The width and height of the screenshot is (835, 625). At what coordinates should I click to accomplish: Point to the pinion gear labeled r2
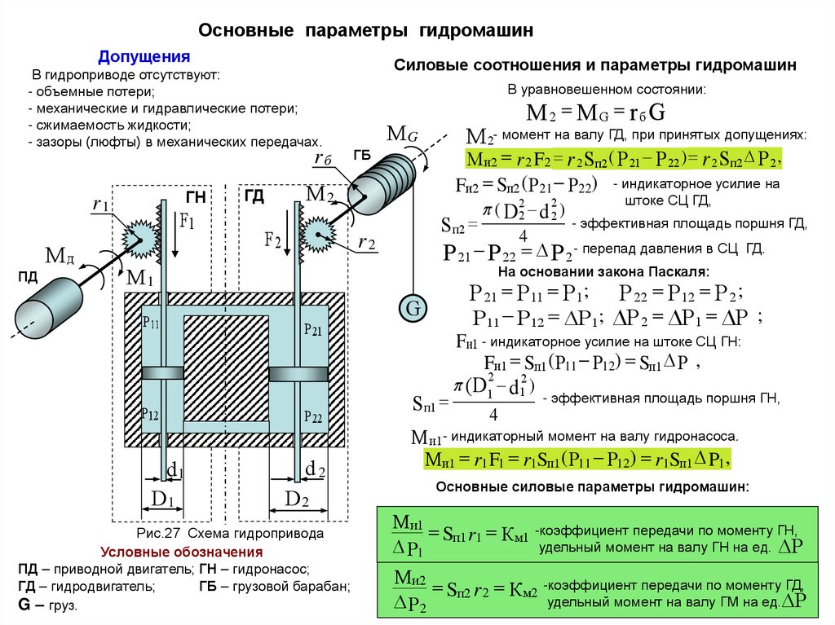[318, 236]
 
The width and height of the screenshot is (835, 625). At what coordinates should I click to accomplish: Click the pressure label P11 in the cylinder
[151, 324]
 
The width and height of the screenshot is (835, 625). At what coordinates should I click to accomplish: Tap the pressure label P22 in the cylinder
[313, 416]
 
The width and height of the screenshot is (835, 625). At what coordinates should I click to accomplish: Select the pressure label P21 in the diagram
[313, 329]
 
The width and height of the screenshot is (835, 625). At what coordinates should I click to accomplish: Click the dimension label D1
[161, 499]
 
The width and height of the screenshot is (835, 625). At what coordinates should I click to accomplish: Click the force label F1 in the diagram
[187, 222]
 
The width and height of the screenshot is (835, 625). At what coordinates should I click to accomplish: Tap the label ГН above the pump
[196, 198]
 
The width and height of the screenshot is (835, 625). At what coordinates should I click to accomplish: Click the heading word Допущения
[144, 57]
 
